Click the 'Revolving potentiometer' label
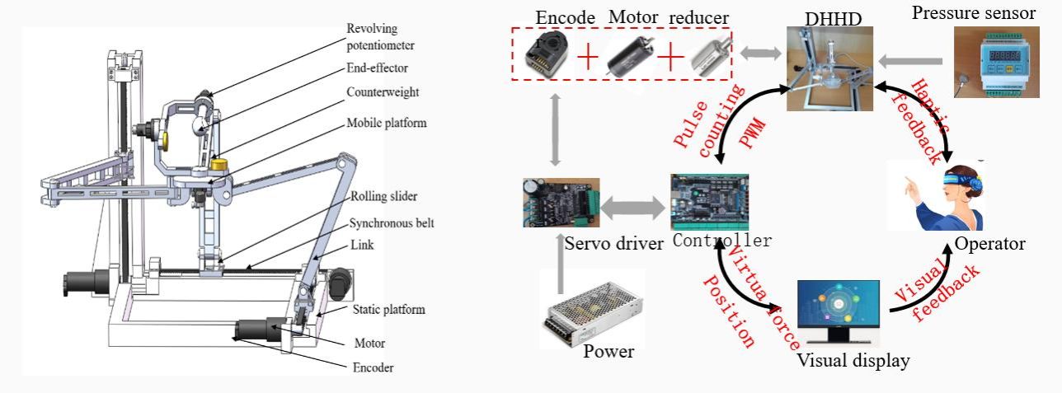tap(380, 37)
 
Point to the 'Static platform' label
tap(389, 310)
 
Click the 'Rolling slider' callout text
tap(383, 196)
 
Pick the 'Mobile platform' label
tap(387, 124)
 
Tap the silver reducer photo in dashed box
tap(707, 56)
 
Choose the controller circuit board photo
tap(710, 203)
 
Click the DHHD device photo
tap(828, 68)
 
